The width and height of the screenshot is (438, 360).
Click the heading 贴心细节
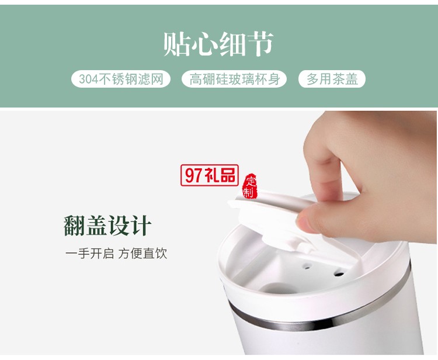218,44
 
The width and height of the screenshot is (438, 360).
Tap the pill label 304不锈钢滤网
121,79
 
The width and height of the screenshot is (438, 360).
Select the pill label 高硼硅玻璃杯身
234,79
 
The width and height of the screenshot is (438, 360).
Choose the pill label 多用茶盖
332,79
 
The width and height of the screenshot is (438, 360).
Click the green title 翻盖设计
108,226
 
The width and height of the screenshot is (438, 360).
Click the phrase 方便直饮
142,254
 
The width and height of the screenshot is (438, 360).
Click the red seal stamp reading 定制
250,186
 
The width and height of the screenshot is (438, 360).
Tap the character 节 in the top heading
260,44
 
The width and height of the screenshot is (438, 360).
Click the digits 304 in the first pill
88,79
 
